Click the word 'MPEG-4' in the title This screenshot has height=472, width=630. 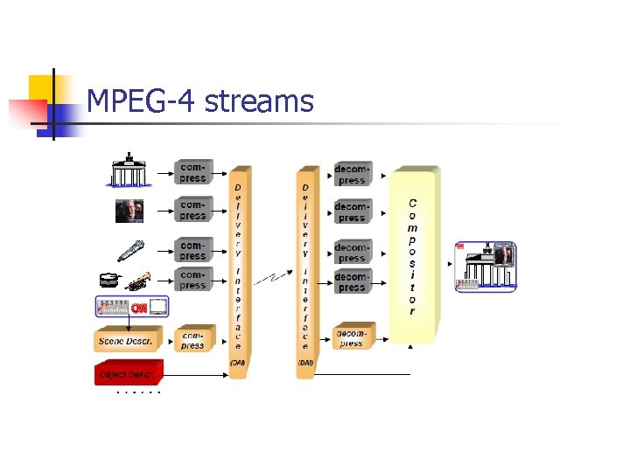point(142,102)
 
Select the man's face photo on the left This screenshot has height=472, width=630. point(129,211)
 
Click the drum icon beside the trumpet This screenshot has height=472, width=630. point(109,281)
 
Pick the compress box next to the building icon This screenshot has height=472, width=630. point(192,172)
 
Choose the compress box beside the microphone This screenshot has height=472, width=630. point(192,251)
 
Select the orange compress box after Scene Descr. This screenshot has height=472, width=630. point(193,339)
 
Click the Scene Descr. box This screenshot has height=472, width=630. point(127,339)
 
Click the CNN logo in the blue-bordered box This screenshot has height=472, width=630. point(138,308)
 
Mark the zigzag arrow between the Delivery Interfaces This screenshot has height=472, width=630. point(272,278)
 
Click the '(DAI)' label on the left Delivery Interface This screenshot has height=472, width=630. point(236,362)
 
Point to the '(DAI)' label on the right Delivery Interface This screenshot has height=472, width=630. point(305,362)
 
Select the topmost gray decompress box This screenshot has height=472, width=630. point(352,174)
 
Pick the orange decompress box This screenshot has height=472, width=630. point(352,337)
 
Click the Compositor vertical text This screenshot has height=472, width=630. point(412,256)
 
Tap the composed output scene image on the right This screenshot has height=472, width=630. point(486,266)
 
